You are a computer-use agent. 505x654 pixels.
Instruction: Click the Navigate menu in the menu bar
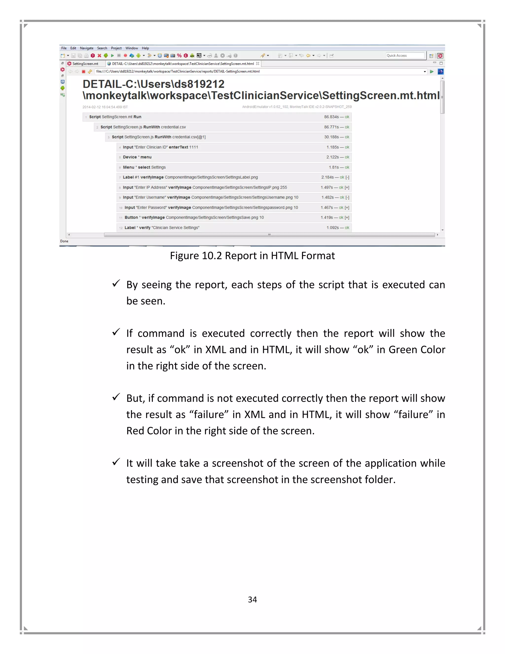(x=87, y=48)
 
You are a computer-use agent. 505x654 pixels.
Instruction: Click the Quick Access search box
(x=405, y=55)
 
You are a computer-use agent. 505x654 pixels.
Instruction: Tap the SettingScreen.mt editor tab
(x=85, y=64)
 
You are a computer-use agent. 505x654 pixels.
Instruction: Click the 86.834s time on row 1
(x=331, y=117)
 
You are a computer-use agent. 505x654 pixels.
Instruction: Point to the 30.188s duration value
(x=331, y=137)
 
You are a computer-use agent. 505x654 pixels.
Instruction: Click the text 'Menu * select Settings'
(x=144, y=167)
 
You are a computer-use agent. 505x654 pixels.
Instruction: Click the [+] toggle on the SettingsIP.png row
(x=347, y=188)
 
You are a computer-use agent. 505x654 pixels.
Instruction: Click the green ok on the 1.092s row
(x=347, y=228)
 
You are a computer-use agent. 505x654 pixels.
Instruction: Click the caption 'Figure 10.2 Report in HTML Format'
(x=252, y=256)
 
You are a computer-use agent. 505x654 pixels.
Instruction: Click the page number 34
(x=252, y=599)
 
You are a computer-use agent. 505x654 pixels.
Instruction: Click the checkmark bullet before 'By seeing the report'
(x=116, y=283)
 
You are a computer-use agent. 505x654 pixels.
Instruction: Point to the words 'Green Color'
(x=416, y=350)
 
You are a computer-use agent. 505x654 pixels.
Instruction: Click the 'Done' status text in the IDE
(x=64, y=241)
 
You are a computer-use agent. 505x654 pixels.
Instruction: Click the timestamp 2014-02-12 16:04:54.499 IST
(x=105, y=107)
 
